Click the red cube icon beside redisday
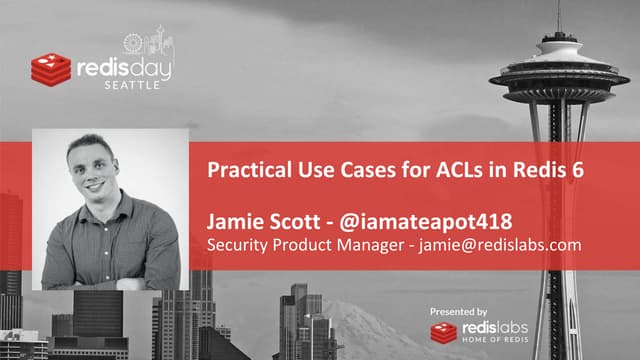pyautogui.click(x=49, y=68)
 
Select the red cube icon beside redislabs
pyautogui.click(x=444, y=332)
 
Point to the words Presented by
pyautogui.click(x=458, y=312)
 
